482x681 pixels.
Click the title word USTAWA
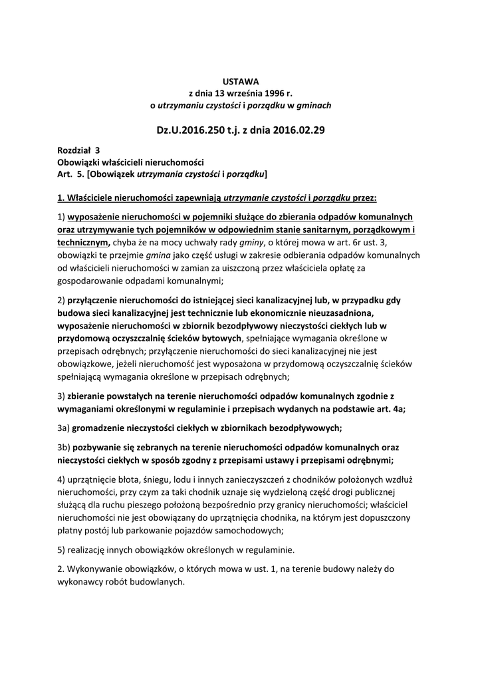point(241,81)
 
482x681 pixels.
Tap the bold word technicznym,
point(84,243)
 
